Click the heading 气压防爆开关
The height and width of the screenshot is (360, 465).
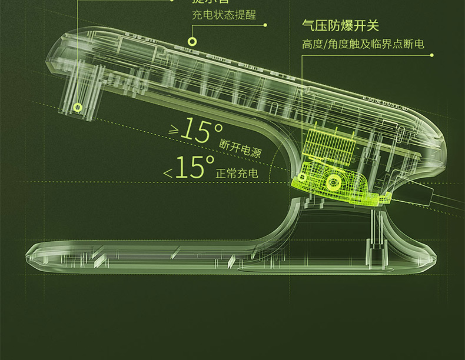click(x=340, y=25)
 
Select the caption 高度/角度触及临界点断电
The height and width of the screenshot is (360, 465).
click(x=363, y=44)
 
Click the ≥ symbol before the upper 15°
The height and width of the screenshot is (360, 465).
click(x=174, y=131)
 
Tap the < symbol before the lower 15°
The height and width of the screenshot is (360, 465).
click(x=168, y=173)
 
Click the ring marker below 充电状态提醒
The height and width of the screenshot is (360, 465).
click(x=192, y=41)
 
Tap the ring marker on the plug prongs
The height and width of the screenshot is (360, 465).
click(x=78, y=107)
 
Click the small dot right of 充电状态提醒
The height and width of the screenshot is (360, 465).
click(x=265, y=25)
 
